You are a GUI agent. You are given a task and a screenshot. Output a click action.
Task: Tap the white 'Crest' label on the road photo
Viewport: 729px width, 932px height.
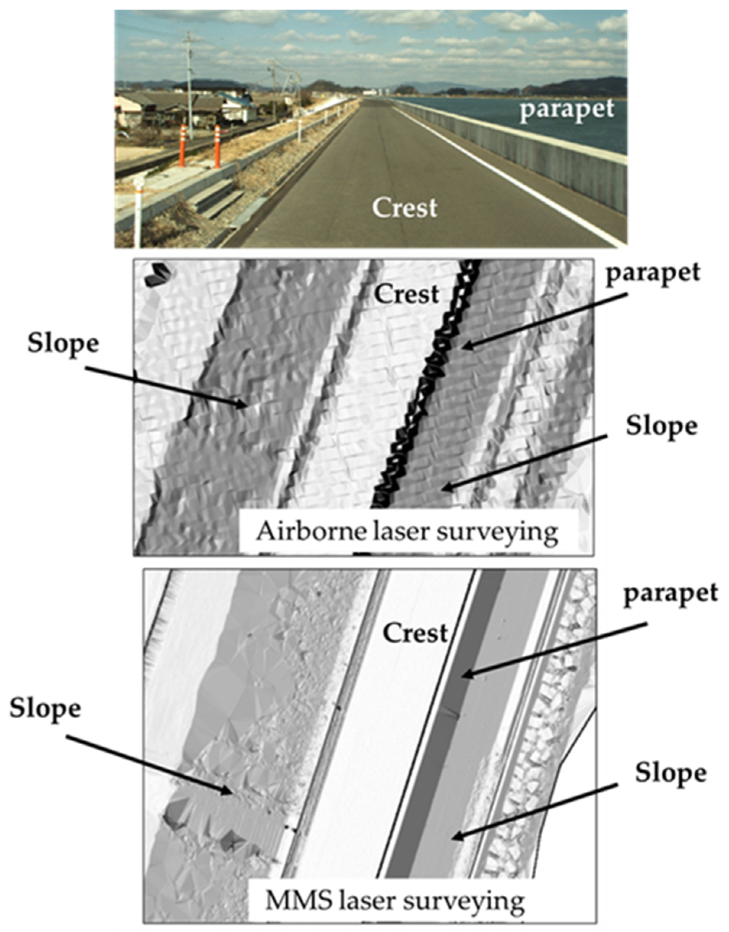tap(404, 208)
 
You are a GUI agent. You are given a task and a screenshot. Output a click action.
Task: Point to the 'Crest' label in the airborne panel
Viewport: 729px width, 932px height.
tap(406, 294)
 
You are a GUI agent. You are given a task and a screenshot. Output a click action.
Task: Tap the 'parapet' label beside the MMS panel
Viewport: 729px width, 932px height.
tap(670, 593)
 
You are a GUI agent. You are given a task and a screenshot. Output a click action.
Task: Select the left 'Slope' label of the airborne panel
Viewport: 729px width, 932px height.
tap(63, 344)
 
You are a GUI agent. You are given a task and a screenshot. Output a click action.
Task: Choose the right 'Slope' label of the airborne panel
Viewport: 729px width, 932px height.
tap(661, 426)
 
